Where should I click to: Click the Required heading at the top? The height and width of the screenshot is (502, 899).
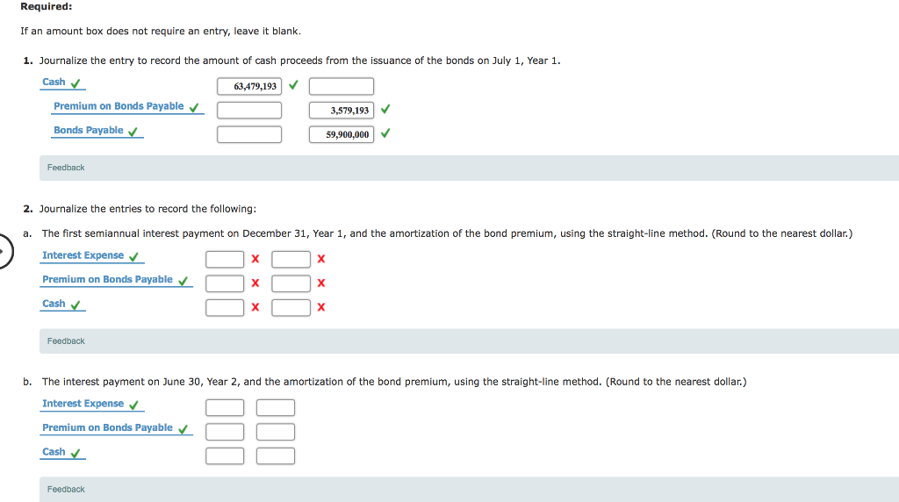(47, 7)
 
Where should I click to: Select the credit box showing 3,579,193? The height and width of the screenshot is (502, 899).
(341, 111)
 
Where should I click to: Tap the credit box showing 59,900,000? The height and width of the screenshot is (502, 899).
(341, 134)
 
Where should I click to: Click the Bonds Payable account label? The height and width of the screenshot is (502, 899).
(88, 131)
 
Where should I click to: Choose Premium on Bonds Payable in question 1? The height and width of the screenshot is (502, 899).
(119, 106)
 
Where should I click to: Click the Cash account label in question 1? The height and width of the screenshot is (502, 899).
(54, 82)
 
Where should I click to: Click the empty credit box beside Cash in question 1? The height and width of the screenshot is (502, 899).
(341, 86)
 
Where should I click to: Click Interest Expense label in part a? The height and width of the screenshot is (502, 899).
(83, 255)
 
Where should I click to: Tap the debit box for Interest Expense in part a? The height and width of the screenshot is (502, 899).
(225, 259)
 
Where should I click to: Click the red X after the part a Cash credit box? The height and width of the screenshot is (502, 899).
(321, 307)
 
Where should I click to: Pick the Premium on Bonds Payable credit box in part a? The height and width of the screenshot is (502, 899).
(291, 283)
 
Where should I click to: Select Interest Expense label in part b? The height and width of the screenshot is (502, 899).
(83, 404)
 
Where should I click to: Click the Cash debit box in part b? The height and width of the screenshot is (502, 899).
(225, 455)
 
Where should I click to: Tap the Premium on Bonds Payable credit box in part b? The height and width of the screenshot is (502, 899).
(276, 431)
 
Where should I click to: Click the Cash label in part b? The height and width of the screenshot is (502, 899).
(54, 452)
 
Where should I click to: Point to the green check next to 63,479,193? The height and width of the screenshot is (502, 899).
(292, 85)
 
